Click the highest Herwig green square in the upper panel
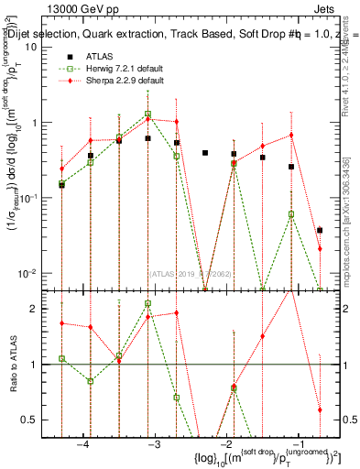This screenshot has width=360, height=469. tap(147, 115)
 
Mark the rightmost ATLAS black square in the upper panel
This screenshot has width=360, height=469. tap(320, 230)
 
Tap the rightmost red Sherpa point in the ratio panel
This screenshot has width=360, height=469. tap(320, 409)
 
